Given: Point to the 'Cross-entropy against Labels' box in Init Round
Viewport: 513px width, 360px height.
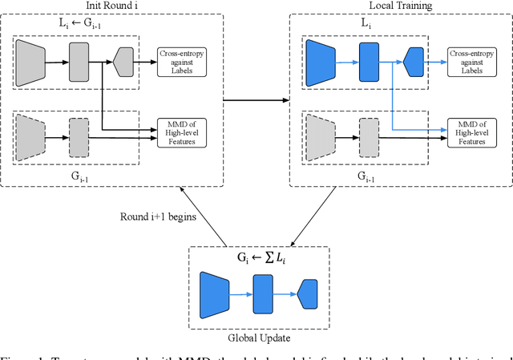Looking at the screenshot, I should tap(182, 62).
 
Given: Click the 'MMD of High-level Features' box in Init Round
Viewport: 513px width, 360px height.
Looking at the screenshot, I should tap(182, 131).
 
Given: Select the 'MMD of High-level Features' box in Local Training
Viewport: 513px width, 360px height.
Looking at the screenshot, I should tap(472, 131).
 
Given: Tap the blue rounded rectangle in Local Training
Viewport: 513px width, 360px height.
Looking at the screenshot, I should tap(368, 61).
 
